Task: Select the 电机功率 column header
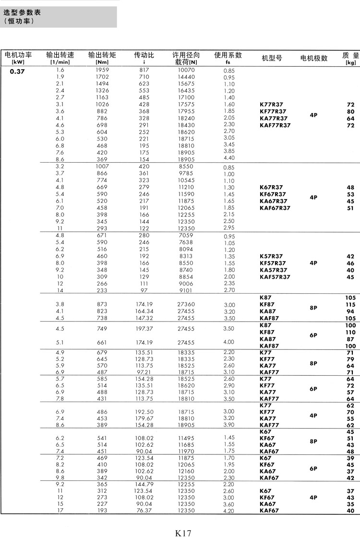(18, 56)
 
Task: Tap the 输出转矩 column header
(102, 56)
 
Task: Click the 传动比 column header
(144, 56)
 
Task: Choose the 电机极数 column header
(314, 58)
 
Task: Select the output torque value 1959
(102, 70)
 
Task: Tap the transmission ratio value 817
(144, 70)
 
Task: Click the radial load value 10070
(186, 70)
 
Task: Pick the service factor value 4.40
(229, 157)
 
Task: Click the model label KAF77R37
(275, 125)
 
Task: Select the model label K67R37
(271, 187)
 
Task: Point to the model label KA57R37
(273, 270)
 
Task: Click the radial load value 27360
(186, 304)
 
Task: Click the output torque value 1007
(102, 167)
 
